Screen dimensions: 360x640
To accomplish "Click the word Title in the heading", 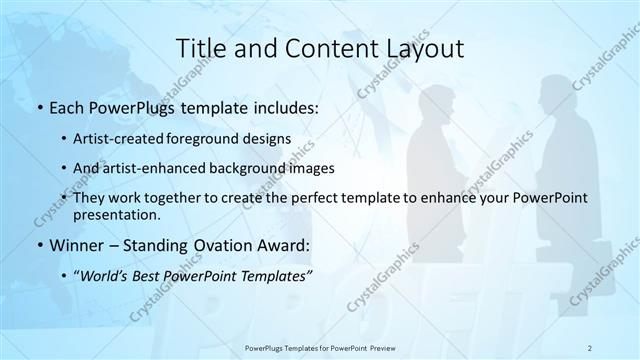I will (x=200, y=48).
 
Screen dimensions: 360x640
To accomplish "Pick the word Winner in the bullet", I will (x=75, y=244).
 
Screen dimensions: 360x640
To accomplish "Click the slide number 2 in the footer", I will (x=590, y=347).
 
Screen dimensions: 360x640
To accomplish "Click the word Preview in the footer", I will (x=378, y=347).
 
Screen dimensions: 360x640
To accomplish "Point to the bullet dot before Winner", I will (x=39, y=244).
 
